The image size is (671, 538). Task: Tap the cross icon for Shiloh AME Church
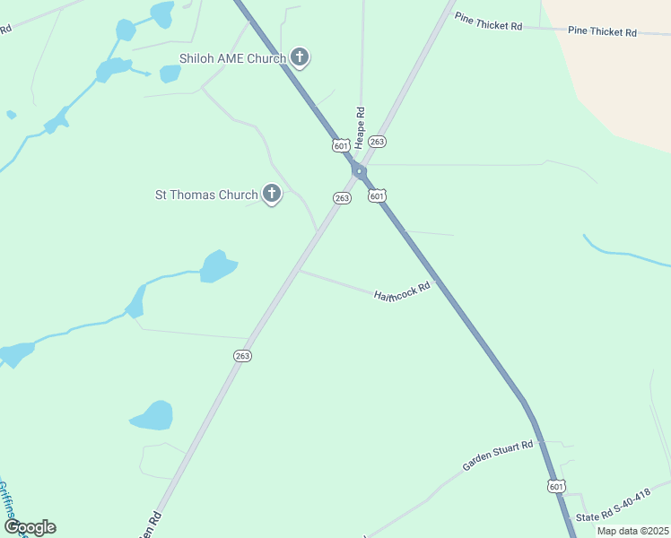tap(301, 58)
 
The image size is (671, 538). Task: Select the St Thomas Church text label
tap(206, 195)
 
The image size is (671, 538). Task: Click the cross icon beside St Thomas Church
tap(271, 193)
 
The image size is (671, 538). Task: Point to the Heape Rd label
tap(360, 127)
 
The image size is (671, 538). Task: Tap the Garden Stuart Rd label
tap(498, 456)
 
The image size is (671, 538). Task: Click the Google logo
tap(30, 527)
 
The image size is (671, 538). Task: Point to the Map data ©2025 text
tap(632, 531)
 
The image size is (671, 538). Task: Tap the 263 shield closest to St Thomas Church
tap(342, 198)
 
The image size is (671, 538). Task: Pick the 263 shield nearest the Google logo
tap(242, 356)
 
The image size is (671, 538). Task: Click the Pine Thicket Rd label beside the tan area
tap(602, 31)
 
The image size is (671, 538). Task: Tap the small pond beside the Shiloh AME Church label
tap(170, 74)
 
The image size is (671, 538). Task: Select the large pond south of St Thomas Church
tap(217, 266)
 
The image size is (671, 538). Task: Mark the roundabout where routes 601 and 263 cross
tap(359, 172)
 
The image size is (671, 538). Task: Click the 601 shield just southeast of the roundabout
tap(377, 195)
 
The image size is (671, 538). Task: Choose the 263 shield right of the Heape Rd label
tap(378, 142)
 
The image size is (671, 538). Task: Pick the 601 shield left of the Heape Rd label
tap(340, 145)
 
